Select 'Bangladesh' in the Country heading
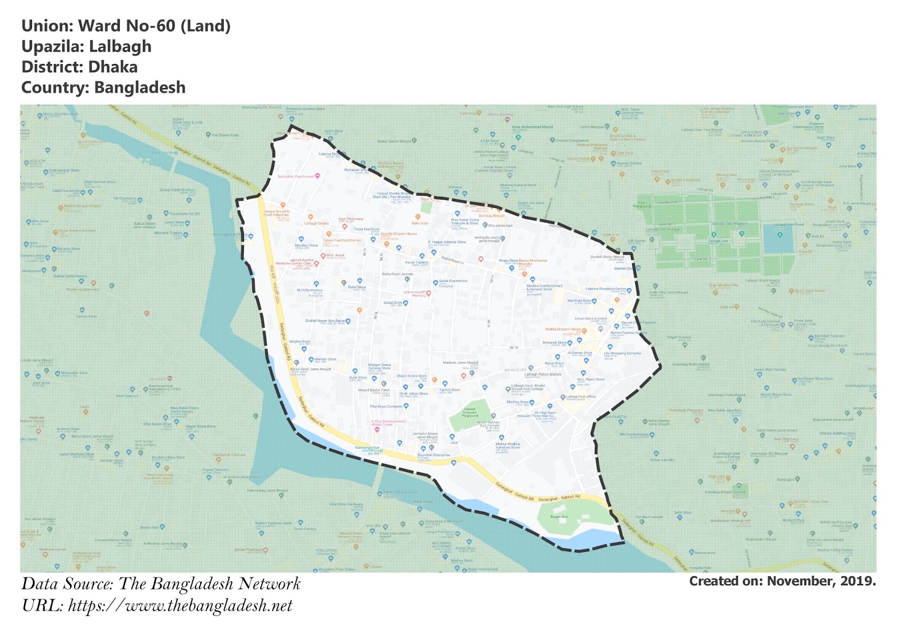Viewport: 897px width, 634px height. (140, 88)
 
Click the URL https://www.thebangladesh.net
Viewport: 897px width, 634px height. (180, 606)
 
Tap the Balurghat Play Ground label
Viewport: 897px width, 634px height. (296, 177)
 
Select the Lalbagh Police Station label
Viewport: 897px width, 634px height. (543, 374)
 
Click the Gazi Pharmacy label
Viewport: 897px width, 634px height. (351, 219)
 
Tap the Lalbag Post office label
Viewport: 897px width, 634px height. (581, 397)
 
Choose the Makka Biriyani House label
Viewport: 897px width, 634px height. (563, 330)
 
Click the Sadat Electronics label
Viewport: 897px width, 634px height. (452, 281)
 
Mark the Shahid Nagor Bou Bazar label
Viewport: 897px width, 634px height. (325, 321)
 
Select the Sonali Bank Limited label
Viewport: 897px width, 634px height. (590, 318)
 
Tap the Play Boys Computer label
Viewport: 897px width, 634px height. (386, 406)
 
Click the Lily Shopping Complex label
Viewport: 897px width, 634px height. (622, 354)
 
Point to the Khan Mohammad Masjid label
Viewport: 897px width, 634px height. (532, 127)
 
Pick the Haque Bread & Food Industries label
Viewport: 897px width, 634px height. (276, 213)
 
